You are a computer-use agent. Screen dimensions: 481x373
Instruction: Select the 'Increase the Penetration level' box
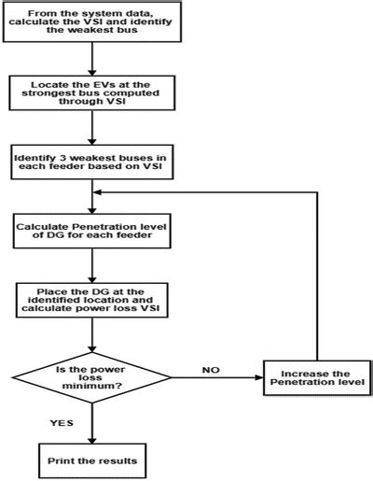point(312,378)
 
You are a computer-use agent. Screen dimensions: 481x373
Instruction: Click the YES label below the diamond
point(62,422)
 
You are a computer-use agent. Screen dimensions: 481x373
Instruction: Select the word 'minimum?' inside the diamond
point(92,385)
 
